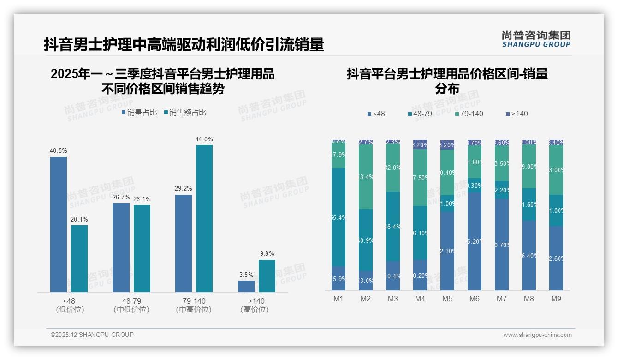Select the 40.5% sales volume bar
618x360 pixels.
click(x=59, y=224)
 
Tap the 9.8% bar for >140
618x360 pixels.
click(x=267, y=276)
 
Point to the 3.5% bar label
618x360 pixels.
click(x=246, y=275)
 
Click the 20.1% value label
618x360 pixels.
click(x=79, y=219)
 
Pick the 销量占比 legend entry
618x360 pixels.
click(x=139, y=113)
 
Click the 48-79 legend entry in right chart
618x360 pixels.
click(x=422, y=114)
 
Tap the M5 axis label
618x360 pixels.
click(x=447, y=299)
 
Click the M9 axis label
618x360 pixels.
click(x=556, y=299)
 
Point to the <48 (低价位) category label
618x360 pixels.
click(x=69, y=305)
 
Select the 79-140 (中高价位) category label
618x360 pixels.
click(x=194, y=305)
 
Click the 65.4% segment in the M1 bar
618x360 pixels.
click(x=338, y=217)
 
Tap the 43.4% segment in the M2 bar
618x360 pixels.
click(x=365, y=177)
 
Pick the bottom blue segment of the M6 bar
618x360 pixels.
click(x=474, y=241)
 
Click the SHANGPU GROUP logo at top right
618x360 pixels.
click(x=536, y=39)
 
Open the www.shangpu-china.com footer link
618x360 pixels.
click(x=537, y=335)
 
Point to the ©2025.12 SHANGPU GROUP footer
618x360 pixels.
click(x=92, y=335)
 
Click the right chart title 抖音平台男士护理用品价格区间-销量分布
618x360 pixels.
click(x=447, y=81)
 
